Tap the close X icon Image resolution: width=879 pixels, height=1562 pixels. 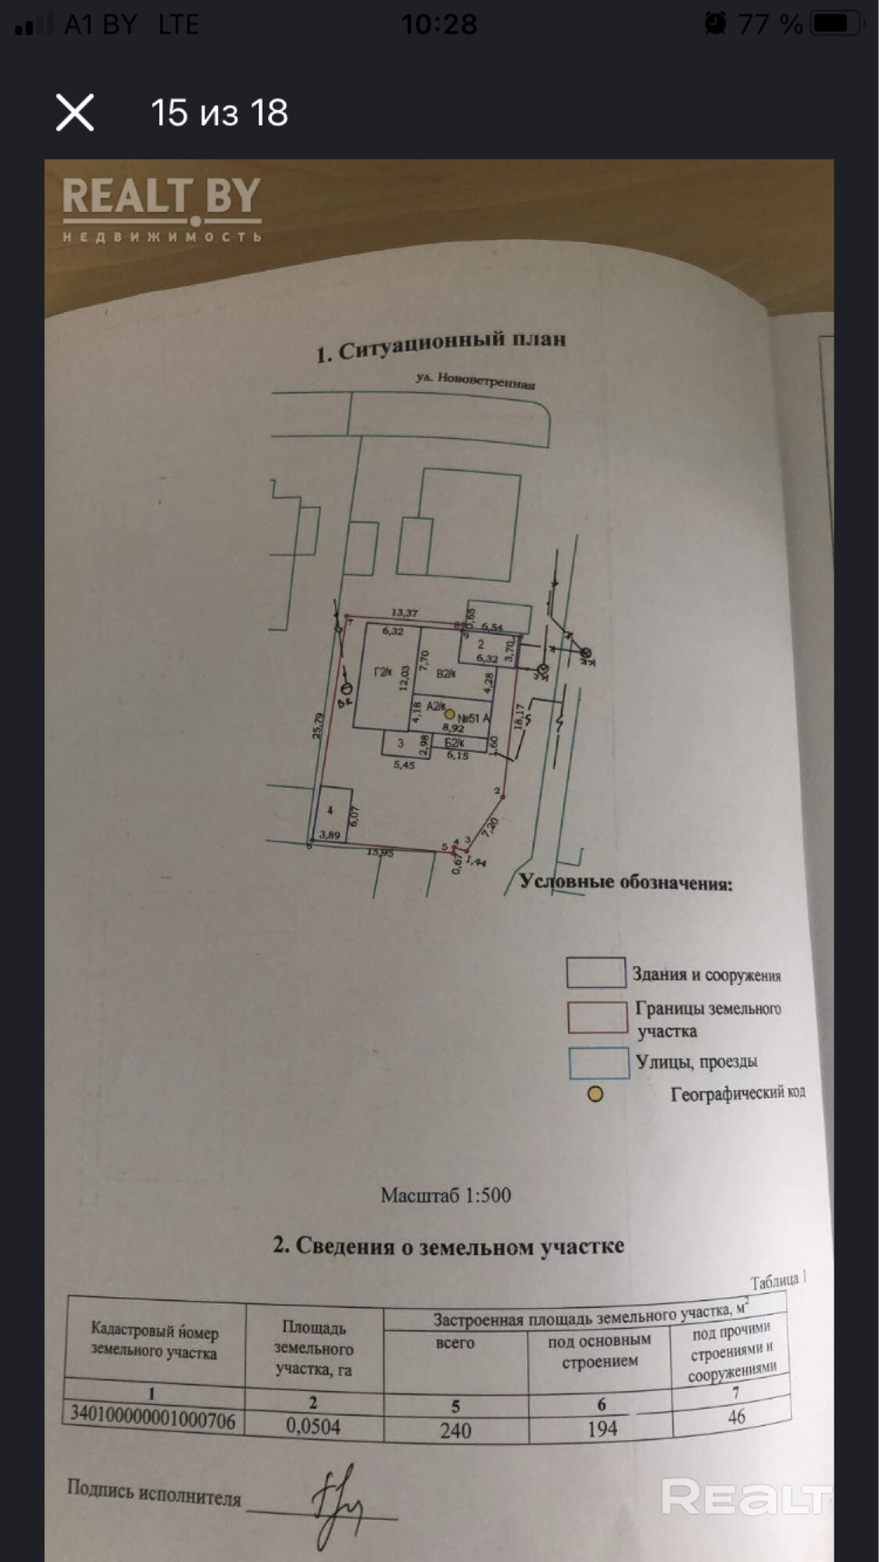click(75, 112)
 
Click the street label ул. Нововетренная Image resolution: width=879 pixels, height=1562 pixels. click(475, 380)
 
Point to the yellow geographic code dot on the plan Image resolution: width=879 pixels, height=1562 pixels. click(449, 714)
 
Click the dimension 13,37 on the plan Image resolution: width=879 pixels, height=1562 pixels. click(405, 613)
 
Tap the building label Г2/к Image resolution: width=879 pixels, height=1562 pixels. click(383, 671)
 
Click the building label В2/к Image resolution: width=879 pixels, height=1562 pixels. click(446, 673)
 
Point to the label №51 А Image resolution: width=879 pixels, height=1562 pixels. click(473, 719)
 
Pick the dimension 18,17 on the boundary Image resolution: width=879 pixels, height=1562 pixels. click(520, 716)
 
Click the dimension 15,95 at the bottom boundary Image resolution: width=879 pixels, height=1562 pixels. click(381, 853)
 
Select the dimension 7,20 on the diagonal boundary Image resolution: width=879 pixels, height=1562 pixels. click(491, 826)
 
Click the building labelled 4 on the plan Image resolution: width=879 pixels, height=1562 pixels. click(330, 812)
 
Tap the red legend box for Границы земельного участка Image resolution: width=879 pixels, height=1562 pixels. click(598, 1018)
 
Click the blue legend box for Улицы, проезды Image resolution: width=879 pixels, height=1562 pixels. click(599, 1062)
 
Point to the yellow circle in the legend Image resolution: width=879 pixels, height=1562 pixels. click(595, 1094)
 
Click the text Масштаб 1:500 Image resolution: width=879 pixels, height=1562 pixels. click(445, 1196)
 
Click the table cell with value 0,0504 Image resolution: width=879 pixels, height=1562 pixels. click(313, 1427)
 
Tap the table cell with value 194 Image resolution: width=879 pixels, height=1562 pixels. click(602, 1428)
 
